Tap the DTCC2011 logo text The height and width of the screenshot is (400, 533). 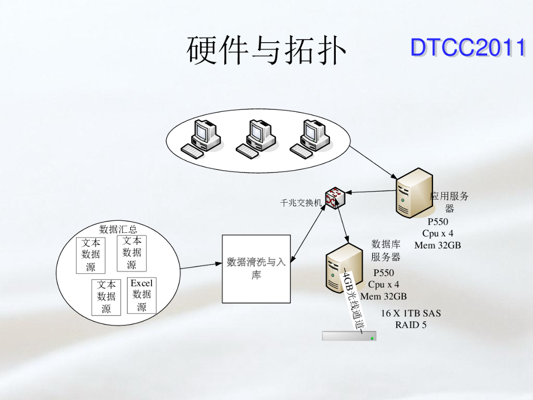(x=467, y=47)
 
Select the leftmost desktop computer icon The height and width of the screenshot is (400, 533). (x=202, y=138)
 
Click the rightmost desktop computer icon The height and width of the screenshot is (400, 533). (x=311, y=138)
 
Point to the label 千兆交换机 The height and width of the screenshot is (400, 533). (x=301, y=203)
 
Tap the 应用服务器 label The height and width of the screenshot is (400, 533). (x=449, y=202)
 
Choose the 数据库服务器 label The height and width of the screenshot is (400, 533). (x=386, y=251)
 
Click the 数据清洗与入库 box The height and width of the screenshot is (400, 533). (x=256, y=269)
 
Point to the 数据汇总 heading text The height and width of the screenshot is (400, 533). (x=118, y=229)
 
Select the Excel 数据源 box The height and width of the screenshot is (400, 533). (x=142, y=295)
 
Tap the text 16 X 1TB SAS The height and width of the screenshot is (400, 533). (x=411, y=313)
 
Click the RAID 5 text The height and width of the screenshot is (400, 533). (x=411, y=325)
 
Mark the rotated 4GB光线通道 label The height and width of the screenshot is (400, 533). (x=353, y=300)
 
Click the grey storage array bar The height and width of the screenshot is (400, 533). (x=349, y=336)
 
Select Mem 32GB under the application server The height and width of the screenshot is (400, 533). (x=437, y=245)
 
